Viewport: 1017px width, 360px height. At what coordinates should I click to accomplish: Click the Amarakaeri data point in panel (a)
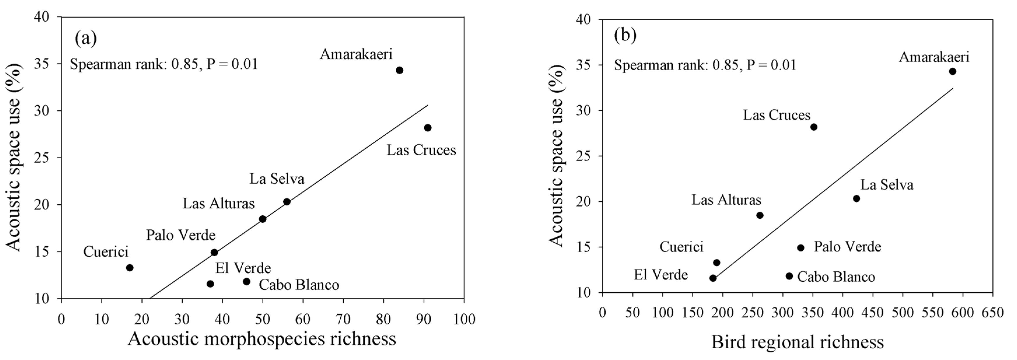coord(399,70)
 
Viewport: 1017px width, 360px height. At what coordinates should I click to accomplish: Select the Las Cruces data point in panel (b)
coord(813,127)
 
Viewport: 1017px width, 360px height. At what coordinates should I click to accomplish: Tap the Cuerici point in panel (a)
coord(129,268)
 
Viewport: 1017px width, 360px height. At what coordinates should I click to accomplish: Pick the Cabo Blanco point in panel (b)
coord(789,276)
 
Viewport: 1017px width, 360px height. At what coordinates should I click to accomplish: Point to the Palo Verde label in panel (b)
coord(847,247)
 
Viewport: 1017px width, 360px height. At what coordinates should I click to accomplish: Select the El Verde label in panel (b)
coord(661,274)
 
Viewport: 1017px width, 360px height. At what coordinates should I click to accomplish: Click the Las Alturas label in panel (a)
coord(218,204)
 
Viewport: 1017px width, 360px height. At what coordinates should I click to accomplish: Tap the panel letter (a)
coord(85,39)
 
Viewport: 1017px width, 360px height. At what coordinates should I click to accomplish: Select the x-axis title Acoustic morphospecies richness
coord(262,339)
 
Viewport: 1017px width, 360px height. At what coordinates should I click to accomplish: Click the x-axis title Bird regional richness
coord(797,342)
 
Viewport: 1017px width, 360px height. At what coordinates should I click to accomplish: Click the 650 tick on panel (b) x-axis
coord(993,312)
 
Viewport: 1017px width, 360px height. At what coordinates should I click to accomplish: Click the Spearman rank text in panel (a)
coord(164,64)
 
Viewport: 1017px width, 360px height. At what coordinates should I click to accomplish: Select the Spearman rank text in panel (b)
coord(705,65)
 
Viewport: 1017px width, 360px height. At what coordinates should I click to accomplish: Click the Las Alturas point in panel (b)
coord(760,215)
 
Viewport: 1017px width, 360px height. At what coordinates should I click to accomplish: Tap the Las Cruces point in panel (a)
coord(427,127)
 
